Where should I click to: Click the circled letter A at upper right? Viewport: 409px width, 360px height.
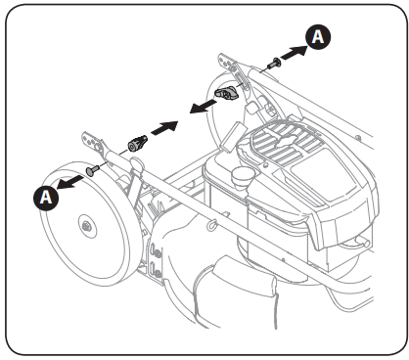click(x=319, y=36)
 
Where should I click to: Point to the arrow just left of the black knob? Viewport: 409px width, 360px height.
click(x=202, y=106)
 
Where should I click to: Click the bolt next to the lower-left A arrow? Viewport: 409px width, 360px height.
click(x=91, y=170)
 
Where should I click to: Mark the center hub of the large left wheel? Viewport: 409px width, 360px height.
click(x=88, y=227)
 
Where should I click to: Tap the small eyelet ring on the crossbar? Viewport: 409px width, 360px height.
click(x=209, y=227)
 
